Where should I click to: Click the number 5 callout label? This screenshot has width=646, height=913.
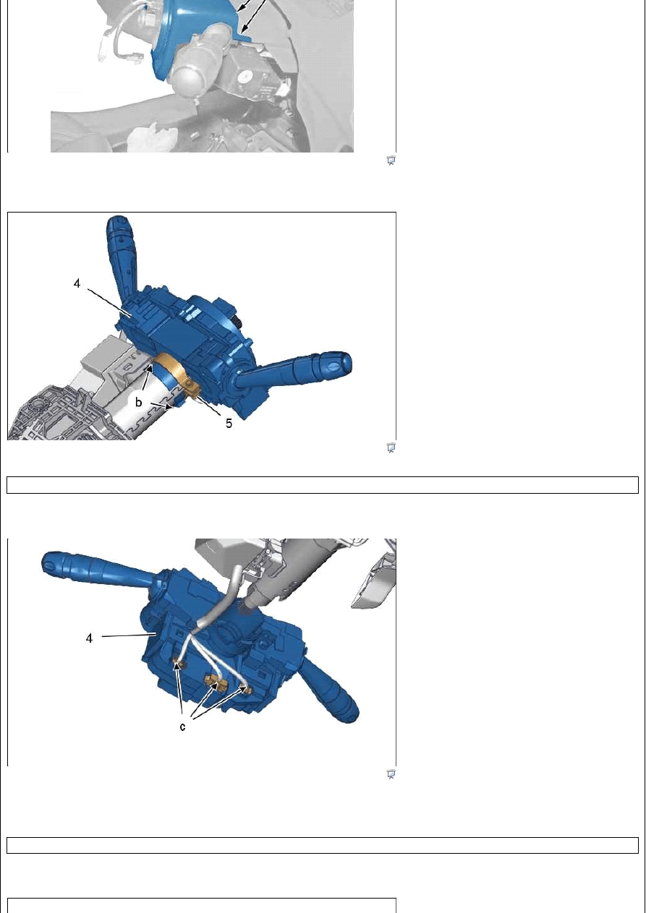point(229,424)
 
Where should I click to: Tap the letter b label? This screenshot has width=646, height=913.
point(138,403)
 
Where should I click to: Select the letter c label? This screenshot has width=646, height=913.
point(182,726)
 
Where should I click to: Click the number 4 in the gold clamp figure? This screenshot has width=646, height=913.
point(77,283)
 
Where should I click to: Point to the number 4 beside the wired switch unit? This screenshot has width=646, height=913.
point(89,638)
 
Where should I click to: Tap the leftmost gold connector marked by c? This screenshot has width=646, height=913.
point(178,666)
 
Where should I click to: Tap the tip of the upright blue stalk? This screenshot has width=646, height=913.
point(118,222)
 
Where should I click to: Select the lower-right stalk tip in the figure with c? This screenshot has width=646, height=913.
point(350,713)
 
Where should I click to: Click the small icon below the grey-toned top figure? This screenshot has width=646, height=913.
point(391,160)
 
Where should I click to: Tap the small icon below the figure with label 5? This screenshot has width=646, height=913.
point(391,447)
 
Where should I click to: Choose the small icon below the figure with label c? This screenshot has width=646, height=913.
point(391,773)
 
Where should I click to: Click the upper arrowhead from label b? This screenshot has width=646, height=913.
point(150,368)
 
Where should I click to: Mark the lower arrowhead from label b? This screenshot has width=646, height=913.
point(168,406)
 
